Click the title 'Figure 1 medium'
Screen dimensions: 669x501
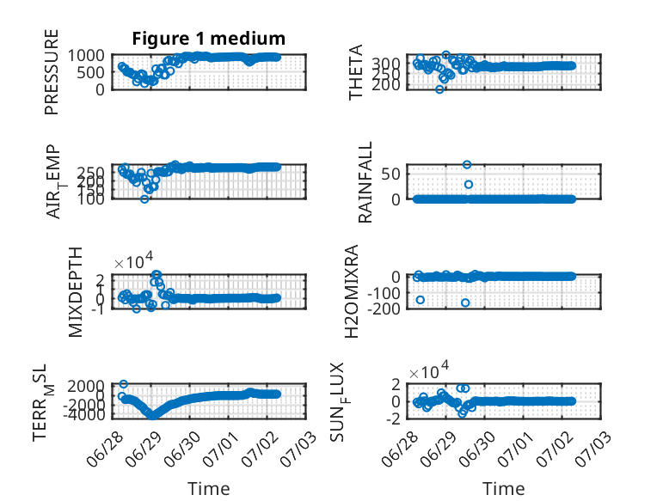[x=209, y=39]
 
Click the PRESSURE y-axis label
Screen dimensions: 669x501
[x=52, y=72]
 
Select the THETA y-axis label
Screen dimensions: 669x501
[x=355, y=72]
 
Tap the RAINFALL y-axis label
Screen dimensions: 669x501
[x=365, y=182]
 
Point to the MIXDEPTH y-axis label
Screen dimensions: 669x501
[x=75, y=292]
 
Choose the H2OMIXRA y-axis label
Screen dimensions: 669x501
[x=352, y=291]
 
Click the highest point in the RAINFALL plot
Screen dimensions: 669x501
[x=467, y=165]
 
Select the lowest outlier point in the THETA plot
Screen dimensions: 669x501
[x=439, y=89]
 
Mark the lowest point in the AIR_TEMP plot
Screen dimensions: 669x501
[x=144, y=199]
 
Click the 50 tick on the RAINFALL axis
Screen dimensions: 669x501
[x=390, y=174]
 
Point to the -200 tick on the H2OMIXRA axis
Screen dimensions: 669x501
[x=384, y=309]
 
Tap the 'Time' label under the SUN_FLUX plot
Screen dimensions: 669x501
[x=503, y=489]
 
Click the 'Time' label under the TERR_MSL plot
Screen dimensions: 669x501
[x=209, y=489]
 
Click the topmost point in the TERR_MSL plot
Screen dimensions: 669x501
[x=123, y=384]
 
